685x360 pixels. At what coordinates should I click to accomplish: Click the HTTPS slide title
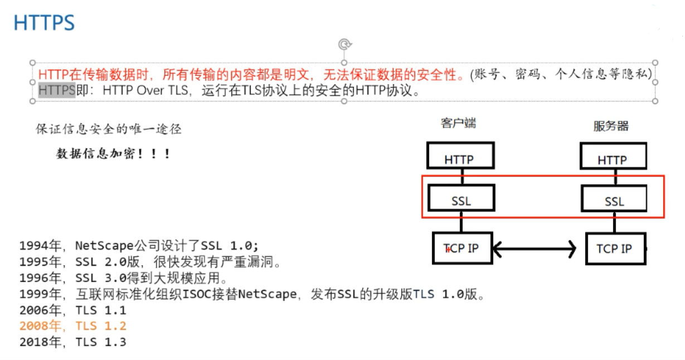[x=44, y=23]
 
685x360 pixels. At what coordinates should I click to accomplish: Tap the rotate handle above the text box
[x=344, y=44]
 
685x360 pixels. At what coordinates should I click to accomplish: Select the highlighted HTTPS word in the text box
[x=56, y=90]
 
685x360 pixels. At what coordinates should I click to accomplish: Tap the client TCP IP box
[x=461, y=248]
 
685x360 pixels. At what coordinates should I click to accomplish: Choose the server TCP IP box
[x=615, y=249]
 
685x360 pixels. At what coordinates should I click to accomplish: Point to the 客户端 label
[x=458, y=124]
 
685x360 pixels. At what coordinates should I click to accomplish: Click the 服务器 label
[x=611, y=127]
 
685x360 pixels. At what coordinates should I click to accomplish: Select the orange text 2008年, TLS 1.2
[x=72, y=326]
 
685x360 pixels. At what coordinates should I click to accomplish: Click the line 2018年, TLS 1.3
[x=72, y=342]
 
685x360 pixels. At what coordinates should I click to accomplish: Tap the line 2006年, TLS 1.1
[x=72, y=310]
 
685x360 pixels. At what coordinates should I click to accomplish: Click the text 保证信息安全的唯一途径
[x=109, y=130]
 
